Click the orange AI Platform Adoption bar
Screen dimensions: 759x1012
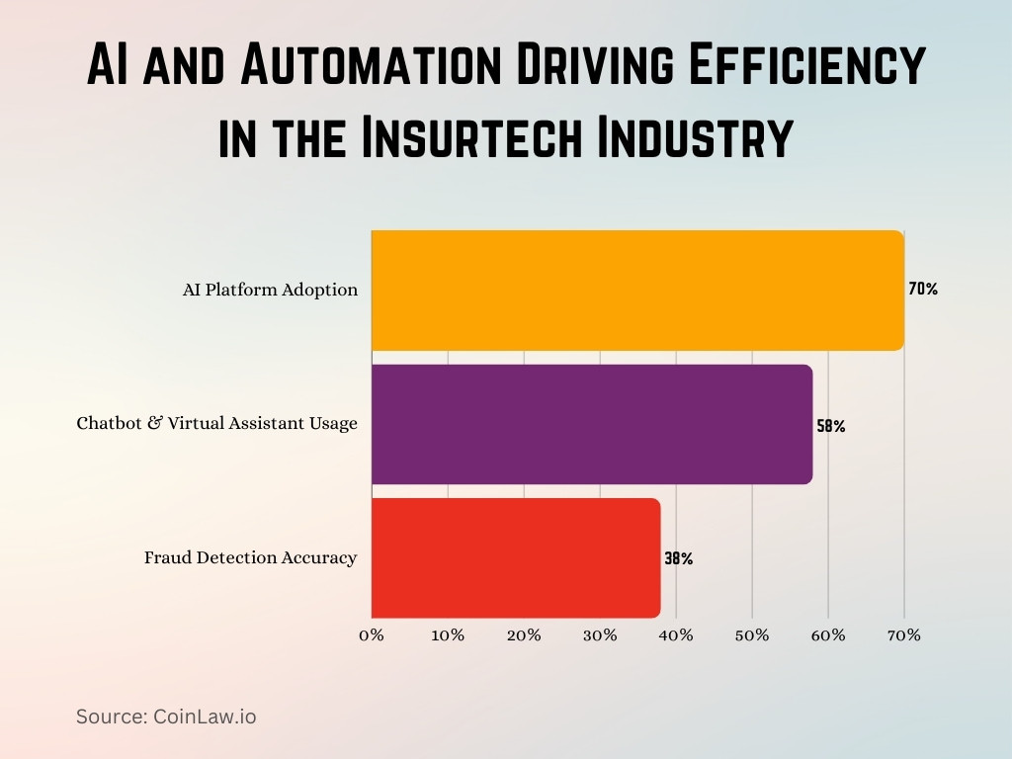[x=637, y=291]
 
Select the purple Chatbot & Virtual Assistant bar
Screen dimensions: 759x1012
[x=591, y=424]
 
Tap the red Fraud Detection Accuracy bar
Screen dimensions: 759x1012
[x=515, y=557]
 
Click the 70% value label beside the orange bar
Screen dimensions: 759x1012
[x=923, y=290]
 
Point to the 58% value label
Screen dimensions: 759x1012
[x=831, y=427]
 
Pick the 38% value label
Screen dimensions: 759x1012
[x=679, y=558]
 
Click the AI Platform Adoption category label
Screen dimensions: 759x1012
[x=270, y=291]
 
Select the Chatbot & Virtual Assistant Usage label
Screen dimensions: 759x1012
[x=217, y=424]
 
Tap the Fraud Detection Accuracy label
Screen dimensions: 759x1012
[x=250, y=557]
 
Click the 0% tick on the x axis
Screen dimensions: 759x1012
[x=372, y=635]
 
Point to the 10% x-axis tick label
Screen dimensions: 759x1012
[x=448, y=635]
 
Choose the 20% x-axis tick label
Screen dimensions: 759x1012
[x=524, y=635]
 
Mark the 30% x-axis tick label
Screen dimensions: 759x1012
[x=600, y=635]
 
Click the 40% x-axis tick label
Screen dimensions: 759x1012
[x=676, y=635]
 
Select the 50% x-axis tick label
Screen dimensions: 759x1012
[x=752, y=635]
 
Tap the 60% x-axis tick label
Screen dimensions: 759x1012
[x=828, y=635]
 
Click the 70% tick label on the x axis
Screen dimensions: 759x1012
[x=904, y=635]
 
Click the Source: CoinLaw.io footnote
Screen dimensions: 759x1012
[x=166, y=717]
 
